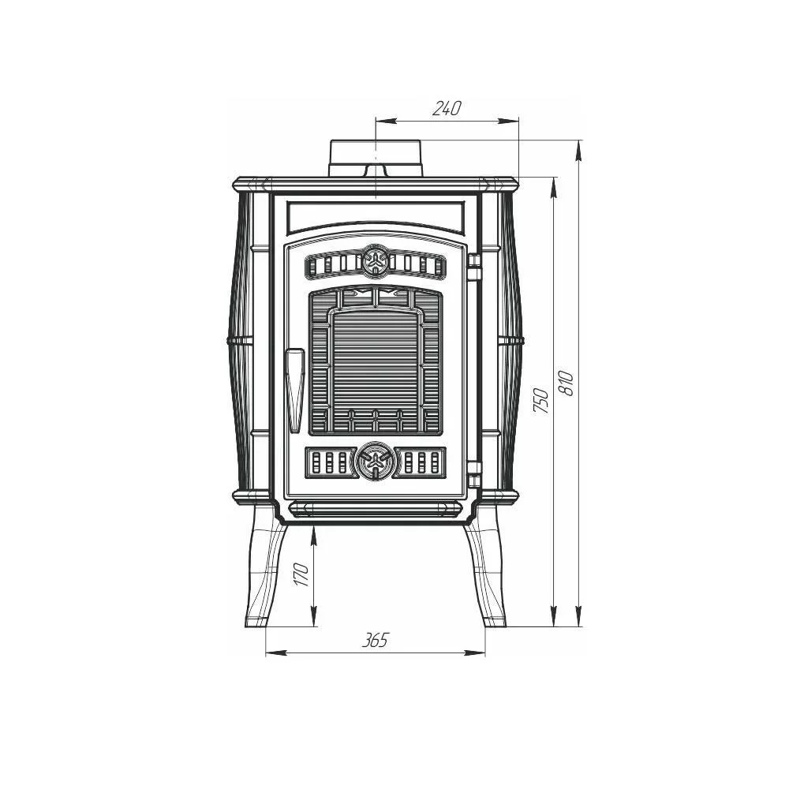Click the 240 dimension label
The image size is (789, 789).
[x=447, y=108]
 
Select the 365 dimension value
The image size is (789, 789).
[x=376, y=640]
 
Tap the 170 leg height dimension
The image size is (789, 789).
[x=301, y=574]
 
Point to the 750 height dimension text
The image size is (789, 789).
[x=541, y=400]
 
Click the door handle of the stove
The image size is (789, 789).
[x=295, y=390]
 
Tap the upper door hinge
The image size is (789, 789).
[x=474, y=267]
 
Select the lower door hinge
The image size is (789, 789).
[x=474, y=474]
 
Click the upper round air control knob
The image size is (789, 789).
[x=376, y=260]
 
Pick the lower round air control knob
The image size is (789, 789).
[x=375, y=460]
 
